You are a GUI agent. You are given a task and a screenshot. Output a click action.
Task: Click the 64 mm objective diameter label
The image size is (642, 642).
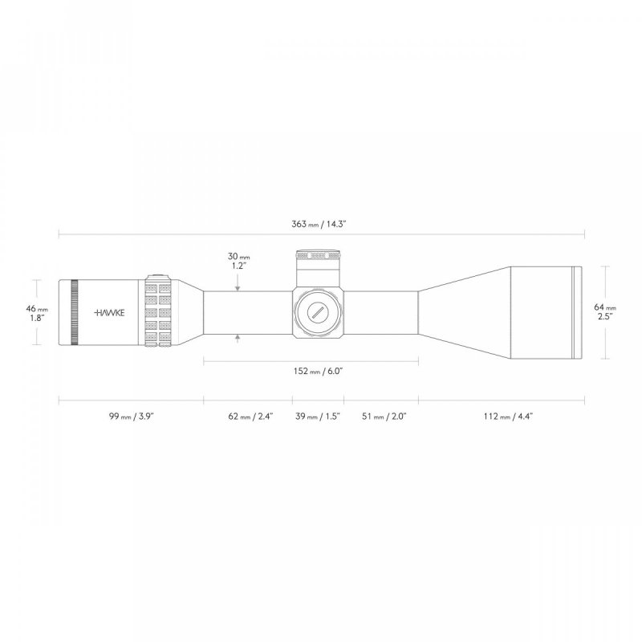(x=604, y=312)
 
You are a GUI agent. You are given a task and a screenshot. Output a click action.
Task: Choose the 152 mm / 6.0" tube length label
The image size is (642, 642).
(x=310, y=372)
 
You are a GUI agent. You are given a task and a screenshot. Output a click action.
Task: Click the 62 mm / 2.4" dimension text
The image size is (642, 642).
(x=250, y=416)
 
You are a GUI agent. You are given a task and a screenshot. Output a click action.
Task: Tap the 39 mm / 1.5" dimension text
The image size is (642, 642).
(x=318, y=416)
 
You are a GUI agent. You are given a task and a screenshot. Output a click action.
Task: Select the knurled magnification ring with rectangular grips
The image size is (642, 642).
(x=157, y=312)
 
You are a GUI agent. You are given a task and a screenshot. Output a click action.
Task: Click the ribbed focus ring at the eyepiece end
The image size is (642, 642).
(x=75, y=312)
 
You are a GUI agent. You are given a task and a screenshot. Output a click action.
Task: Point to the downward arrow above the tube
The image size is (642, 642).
(x=238, y=286)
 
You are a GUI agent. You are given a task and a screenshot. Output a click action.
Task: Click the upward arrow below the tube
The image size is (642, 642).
(x=238, y=339)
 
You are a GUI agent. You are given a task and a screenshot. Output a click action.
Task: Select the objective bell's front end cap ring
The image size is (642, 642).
(x=575, y=312)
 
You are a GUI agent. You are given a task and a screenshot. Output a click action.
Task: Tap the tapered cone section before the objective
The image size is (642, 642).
(x=461, y=312)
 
